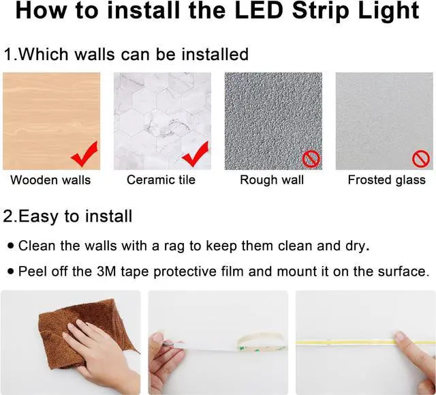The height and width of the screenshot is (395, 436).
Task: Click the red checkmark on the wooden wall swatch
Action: tap(84, 155)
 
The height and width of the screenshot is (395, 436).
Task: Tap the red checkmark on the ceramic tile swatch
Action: tap(196, 155)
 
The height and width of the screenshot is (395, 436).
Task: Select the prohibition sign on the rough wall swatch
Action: tap(311, 160)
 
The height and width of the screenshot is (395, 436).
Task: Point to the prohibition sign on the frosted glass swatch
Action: tap(420, 160)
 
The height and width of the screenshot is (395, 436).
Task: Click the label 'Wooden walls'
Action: tap(50, 181)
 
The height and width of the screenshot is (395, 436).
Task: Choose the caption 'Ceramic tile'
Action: tap(161, 181)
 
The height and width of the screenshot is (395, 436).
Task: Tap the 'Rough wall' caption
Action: tap(272, 181)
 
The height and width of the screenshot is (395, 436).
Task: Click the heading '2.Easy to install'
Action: tap(68, 217)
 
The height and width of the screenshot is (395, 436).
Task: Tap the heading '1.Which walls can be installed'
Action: tap(126, 54)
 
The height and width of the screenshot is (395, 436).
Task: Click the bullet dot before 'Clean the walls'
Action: tap(10, 245)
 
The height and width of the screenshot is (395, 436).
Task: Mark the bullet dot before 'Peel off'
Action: tap(10, 271)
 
